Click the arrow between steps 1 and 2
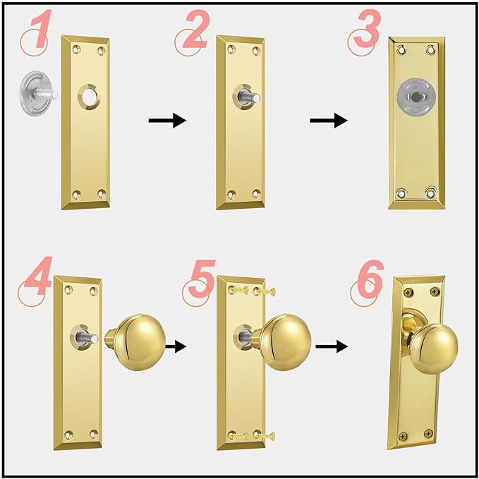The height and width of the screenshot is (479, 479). click(x=167, y=121)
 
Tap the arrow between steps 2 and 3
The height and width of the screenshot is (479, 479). click(x=329, y=121)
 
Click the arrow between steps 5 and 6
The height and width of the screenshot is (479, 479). click(x=333, y=346)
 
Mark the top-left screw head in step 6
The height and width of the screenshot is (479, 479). click(x=407, y=290)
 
